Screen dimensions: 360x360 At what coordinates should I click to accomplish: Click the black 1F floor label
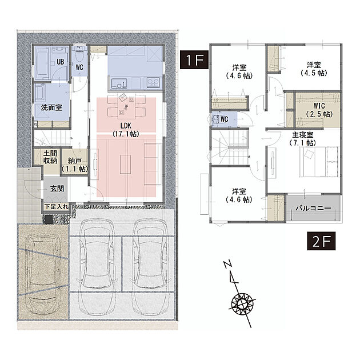(194, 59)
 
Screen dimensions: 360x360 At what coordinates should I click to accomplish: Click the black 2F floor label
(321, 241)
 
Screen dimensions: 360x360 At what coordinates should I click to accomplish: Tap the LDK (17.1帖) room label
(126, 130)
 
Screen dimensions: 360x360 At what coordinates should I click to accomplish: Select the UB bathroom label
(60, 62)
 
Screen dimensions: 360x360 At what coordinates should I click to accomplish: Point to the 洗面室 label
(51, 107)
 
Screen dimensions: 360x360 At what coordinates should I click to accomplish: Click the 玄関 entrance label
(57, 189)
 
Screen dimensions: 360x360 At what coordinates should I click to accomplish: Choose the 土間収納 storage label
(50, 157)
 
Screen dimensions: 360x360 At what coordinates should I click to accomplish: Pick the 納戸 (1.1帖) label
(75, 165)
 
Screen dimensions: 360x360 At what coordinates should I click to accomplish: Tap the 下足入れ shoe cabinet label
(57, 207)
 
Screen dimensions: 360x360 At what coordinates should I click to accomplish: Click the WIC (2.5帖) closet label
(319, 110)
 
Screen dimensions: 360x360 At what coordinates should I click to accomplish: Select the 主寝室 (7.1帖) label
(303, 139)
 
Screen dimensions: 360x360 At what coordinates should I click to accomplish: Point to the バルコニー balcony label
(313, 209)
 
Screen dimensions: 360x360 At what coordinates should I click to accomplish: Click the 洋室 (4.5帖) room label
(314, 69)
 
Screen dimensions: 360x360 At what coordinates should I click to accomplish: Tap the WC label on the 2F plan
(225, 119)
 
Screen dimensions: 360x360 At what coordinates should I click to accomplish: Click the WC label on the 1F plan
(79, 67)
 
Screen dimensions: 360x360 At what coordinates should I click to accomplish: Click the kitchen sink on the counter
(119, 83)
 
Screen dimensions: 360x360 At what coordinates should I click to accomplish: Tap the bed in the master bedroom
(319, 162)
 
